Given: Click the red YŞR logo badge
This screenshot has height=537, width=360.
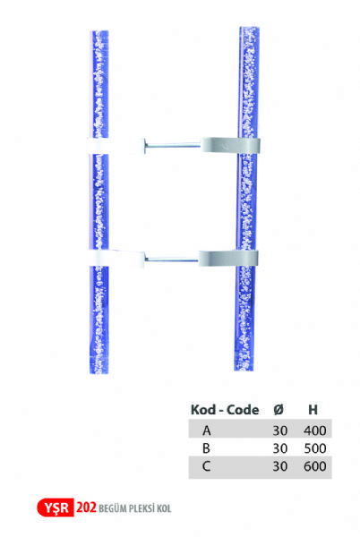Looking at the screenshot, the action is (x=56, y=507).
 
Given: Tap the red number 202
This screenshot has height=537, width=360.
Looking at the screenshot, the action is (x=86, y=507).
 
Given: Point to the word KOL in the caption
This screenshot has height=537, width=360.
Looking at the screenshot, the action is (x=164, y=508).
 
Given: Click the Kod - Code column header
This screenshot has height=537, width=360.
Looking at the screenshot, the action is (x=225, y=410).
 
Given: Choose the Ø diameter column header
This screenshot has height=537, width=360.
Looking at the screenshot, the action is (x=279, y=410).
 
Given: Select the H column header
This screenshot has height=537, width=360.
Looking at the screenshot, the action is (x=313, y=410).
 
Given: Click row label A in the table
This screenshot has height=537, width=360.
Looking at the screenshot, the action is (x=207, y=430).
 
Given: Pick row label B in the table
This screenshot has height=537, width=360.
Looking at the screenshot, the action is (x=206, y=448).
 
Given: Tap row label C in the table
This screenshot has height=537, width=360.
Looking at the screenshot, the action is (x=206, y=466).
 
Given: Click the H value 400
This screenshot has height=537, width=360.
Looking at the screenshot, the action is (x=315, y=430).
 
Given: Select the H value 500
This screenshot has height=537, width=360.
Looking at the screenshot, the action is (x=315, y=448).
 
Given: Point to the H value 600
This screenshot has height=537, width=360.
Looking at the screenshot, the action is (x=315, y=466).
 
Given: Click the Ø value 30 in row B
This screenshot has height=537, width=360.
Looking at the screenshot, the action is (x=279, y=448).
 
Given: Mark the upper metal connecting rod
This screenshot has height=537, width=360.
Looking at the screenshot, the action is (x=172, y=146).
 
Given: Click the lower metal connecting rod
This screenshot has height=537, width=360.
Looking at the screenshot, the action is (x=171, y=260).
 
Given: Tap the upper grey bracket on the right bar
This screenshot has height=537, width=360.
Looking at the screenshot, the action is (x=230, y=145).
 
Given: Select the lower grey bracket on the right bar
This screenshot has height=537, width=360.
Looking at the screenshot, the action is (x=228, y=259).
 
